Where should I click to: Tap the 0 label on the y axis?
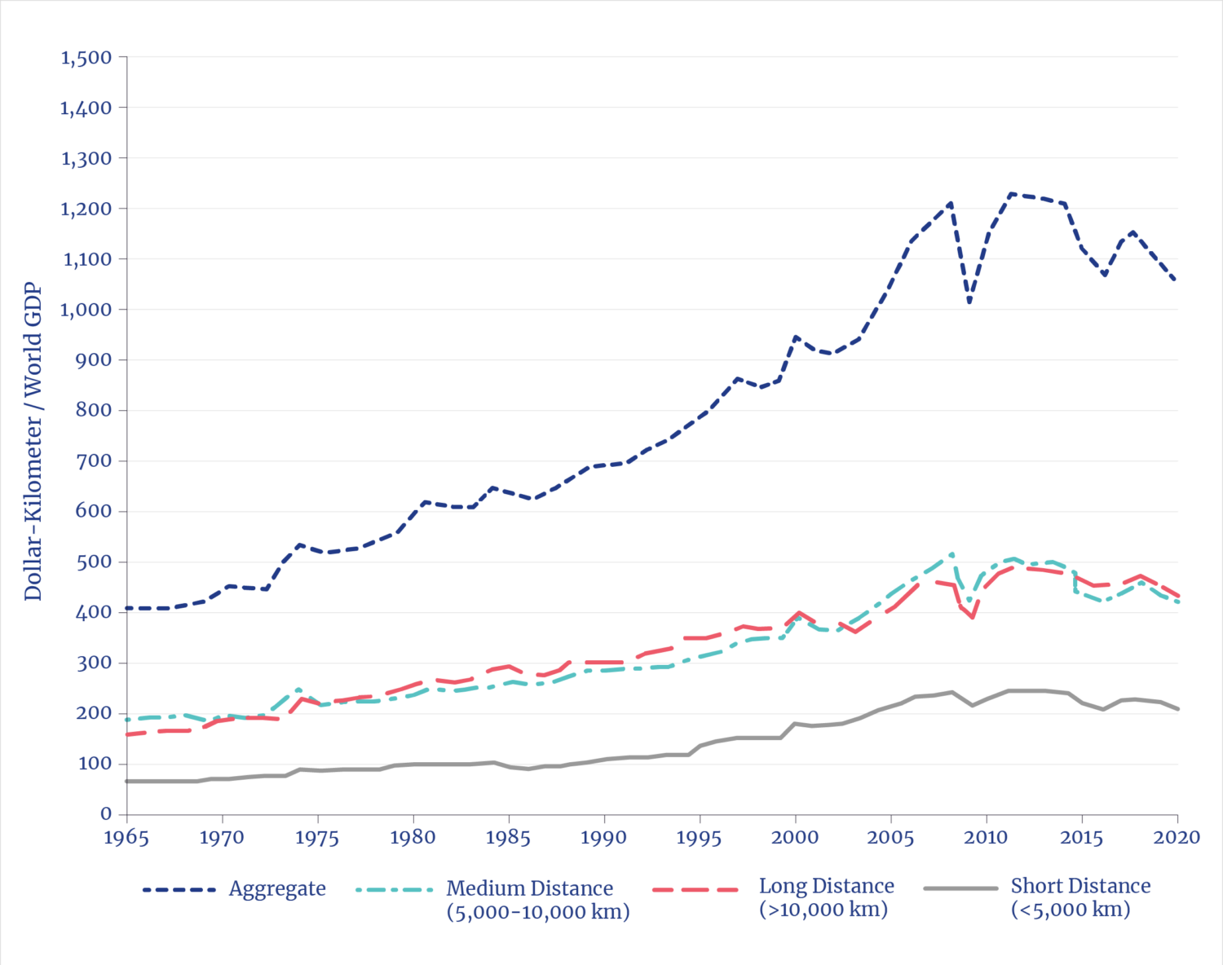[106, 814]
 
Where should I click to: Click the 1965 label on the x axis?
[126, 838]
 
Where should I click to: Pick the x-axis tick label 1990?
[604, 838]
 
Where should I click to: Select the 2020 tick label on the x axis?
[1177, 838]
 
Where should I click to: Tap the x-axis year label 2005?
[890, 838]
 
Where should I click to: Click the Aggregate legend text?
[277, 889]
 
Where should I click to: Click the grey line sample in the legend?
[961, 888]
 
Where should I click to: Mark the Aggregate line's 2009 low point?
[969, 302]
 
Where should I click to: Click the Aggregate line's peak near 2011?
[1011, 194]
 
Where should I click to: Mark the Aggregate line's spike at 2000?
[796, 337]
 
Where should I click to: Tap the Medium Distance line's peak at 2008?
[951, 554]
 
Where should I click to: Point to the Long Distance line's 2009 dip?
[972, 617]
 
